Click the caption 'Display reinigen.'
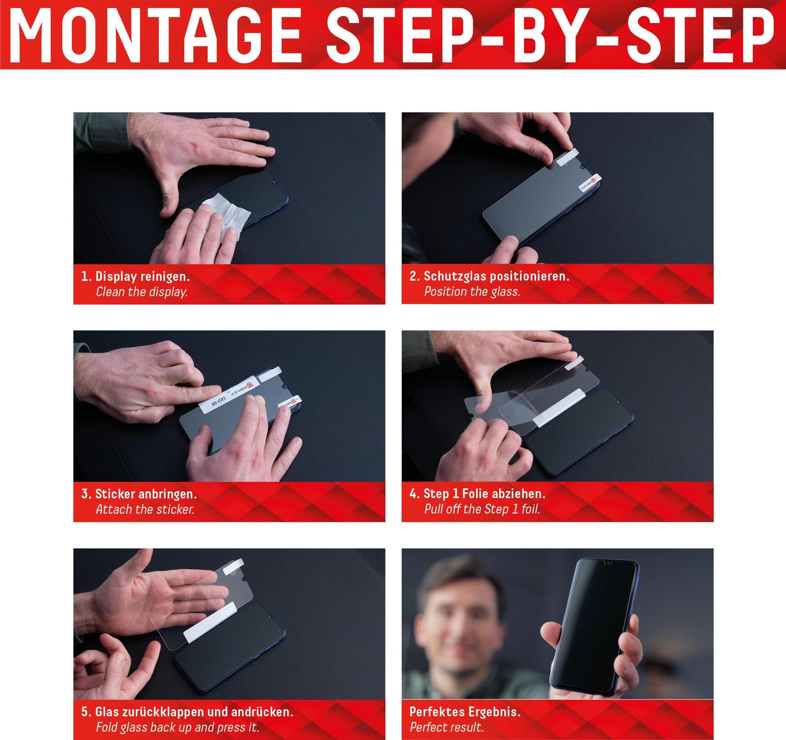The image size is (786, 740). (x=142, y=276)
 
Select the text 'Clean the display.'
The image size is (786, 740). (x=142, y=292)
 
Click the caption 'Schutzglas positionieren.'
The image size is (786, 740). (x=497, y=276)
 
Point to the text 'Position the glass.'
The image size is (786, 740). (x=472, y=292)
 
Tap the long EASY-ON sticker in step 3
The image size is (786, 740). (x=228, y=396)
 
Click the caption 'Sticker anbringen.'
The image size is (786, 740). (x=146, y=494)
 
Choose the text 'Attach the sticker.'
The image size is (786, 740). (x=145, y=509)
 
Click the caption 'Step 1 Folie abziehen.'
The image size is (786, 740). (x=484, y=494)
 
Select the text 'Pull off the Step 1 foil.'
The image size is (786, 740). (x=482, y=509)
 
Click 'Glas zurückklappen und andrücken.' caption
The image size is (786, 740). (x=194, y=712)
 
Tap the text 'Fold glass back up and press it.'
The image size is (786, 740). (x=177, y=727)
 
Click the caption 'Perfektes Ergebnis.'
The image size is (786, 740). (x=465, y=712)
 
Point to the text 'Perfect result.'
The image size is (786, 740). (x=447, y=727)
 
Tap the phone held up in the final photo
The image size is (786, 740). (x=593, y=627)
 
